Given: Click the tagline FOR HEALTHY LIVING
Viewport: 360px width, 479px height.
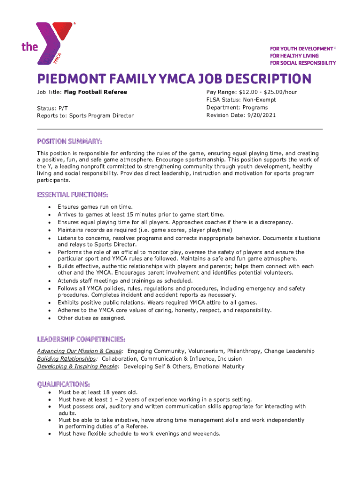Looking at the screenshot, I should pos(294,56).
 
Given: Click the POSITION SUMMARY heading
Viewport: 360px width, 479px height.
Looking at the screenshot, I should pos(70,141).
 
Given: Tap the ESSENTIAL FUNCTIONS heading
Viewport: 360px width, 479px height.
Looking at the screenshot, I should pos(73,194).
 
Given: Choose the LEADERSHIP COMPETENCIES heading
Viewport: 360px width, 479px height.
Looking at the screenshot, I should pos(81,339).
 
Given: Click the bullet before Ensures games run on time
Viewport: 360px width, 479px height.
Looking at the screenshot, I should pos(49,207).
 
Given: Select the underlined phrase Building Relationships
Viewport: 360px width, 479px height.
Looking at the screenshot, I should pos(67,359).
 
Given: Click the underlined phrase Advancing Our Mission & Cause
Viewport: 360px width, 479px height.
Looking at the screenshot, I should pos(80,351).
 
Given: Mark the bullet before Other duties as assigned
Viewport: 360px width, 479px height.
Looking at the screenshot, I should pos(49,318).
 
